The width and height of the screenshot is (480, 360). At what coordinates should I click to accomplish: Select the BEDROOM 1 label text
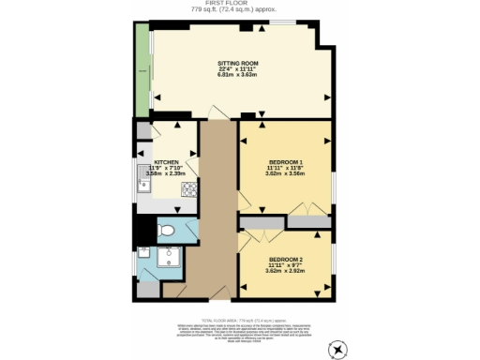(285, 161)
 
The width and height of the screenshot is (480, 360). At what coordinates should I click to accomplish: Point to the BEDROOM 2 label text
(285, 259)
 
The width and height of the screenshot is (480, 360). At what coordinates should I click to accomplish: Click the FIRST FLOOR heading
(239, 4)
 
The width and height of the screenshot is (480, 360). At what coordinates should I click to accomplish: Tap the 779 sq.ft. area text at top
(239, 10)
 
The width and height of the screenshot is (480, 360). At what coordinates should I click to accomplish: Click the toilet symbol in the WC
(166, 230)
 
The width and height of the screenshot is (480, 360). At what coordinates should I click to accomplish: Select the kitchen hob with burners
(187, 189)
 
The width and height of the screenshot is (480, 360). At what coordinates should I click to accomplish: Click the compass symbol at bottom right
(337, 348)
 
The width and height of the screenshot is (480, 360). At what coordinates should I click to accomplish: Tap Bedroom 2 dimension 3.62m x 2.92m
(285, 273)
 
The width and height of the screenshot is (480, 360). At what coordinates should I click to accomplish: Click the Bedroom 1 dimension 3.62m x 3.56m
(285, 174)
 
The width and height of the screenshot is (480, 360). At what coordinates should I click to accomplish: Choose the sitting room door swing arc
(217, 112)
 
